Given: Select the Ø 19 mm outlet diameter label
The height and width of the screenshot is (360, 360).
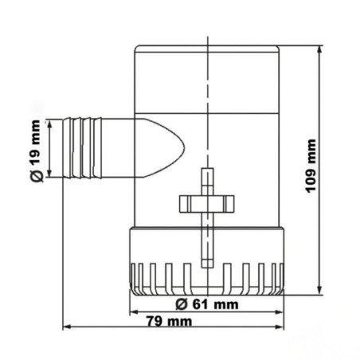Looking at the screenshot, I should [x=35, y=149].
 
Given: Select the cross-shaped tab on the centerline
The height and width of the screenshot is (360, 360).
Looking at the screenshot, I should [x=205, y=202].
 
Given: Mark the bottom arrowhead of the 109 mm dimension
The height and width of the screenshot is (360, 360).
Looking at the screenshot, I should [x=319, y=289].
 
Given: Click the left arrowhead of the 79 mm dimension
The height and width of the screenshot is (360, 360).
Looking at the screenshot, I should [x=66, y=327].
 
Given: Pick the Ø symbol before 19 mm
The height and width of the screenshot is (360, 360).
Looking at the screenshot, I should [x=35, y=170].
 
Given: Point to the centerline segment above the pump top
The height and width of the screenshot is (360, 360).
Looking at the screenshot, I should [x=206, y=39].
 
